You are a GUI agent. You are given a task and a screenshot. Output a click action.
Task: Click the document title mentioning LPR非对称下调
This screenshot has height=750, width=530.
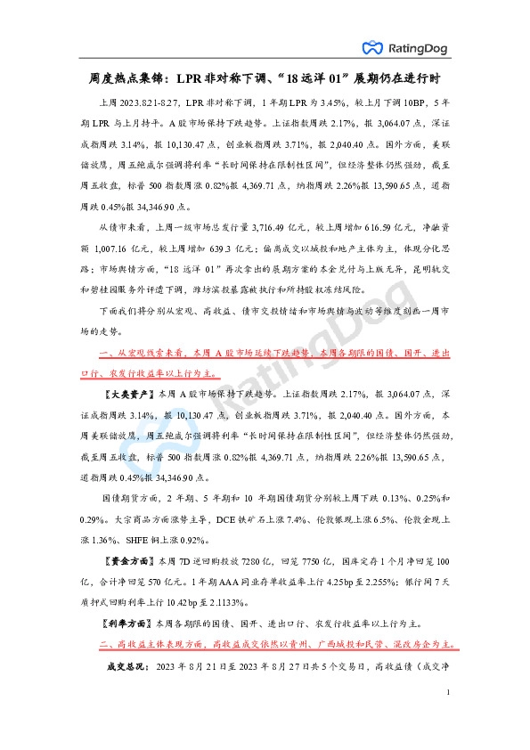tap(264, 78)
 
